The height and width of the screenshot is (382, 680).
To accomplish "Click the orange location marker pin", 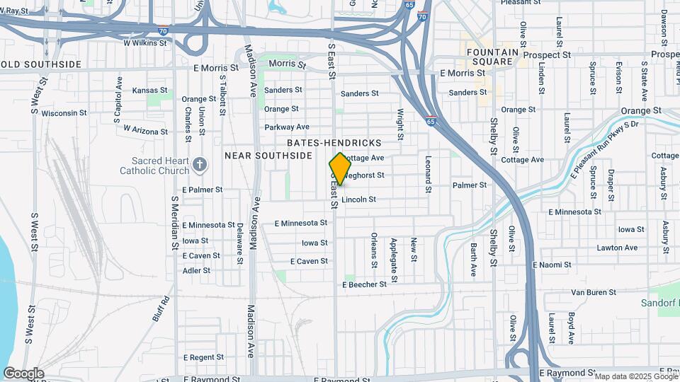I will coord(341,168).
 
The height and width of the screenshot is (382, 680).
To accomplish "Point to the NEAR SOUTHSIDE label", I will coord(268,155).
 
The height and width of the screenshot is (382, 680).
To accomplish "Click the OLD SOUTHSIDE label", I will coord(41,64).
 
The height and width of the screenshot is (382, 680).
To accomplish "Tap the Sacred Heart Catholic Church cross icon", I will coord(200,166).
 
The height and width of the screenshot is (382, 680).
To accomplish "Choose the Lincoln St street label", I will coord(358,200).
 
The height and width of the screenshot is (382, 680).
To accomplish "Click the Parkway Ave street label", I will coord(287,127).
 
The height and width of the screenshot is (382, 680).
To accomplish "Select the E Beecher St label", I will coord(364,284).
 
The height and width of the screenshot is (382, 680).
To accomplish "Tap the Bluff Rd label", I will coord(161,308).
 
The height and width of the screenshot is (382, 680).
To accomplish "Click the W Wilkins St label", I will coord(144,42).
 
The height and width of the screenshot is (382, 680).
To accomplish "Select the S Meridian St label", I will coord(174,223).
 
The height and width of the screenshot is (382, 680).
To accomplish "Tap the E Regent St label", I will coord(208,358).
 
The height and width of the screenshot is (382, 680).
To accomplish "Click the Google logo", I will coord(23,373).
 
